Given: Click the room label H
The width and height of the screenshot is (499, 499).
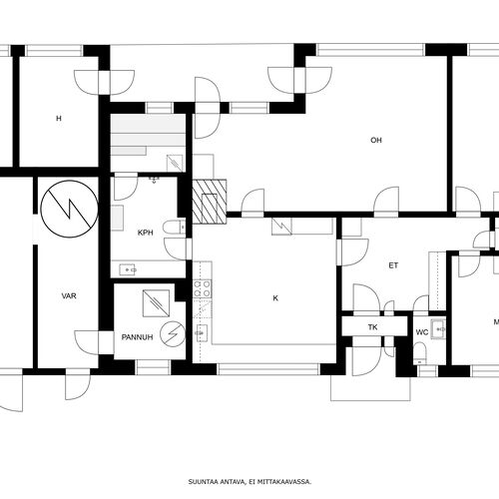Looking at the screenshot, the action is pyautogui.click(x=59, y=119).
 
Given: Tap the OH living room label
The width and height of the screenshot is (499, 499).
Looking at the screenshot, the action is pyautogui.click(x=376, y=141).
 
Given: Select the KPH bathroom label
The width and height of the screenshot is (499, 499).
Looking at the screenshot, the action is pyautogui.click(x=146, y=233).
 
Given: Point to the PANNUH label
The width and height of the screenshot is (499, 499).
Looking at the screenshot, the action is pyautogui.click(x=137, y=337).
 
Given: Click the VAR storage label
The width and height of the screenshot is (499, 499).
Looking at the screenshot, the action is pyautogui.click(x=69, y=295).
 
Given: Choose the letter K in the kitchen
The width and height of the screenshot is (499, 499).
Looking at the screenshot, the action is pyautogui.click(x=275, y=298).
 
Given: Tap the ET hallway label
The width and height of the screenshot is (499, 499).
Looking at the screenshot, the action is pyautogui.click(x=393, y=265).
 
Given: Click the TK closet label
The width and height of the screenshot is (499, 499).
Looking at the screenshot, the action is pyautogui.click(x=372, y=327).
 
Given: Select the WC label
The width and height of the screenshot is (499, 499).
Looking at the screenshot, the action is pyautogui.click(x=422, y=332).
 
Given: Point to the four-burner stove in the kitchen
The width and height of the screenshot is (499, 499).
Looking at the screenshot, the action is pyautogui.click(x=203, y=288).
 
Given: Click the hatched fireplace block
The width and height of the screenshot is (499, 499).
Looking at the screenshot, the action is pyautogui.click(x=210, y=202).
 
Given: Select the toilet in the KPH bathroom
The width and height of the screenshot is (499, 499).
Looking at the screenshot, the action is pyautogui.click(x=174, y=228).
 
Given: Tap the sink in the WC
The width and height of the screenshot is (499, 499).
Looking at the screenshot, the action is pyautogui.click(x=438, y=329).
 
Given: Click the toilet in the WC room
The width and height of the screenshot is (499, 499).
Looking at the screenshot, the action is pyautogui.click(x=420, y=353).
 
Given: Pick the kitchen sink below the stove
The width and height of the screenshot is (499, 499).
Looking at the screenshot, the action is pyautogui.click(x=202, y=332).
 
